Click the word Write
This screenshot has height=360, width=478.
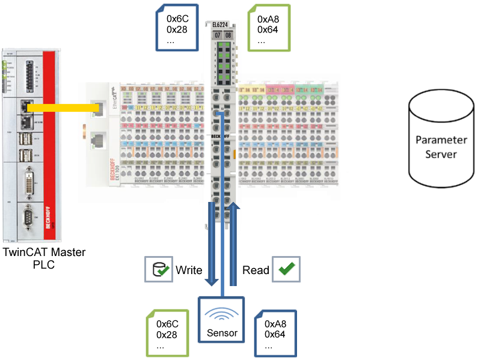click(x=188, y=270)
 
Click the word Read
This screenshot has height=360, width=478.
click(x=255, y=270)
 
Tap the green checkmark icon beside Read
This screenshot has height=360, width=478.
click(x=286, y=269)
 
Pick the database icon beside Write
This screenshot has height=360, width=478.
click(x=158, y=270)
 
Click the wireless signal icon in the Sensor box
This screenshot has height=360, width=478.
click(x=222, y=316)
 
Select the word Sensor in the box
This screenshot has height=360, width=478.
click(x=222, y=334)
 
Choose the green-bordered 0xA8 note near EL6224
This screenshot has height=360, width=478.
click(x=269, y=27)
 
